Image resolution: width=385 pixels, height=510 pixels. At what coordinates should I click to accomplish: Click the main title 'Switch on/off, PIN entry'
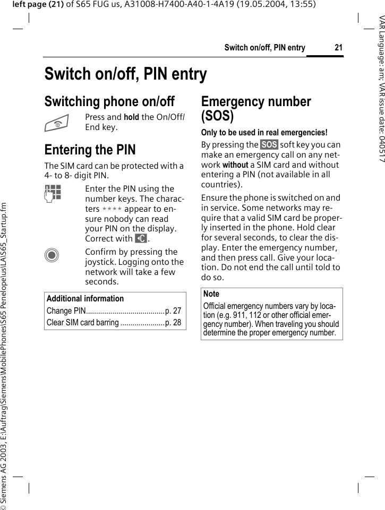click(x=126, y=74)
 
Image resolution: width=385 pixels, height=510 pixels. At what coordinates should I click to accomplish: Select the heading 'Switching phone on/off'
click(x=109, y=101)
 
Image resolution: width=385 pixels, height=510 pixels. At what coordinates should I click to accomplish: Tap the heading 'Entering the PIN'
click(x=90, y=150)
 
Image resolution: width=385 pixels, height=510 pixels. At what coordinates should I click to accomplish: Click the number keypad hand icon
click(x=54, y=193)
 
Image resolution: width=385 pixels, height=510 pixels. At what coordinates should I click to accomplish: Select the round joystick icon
click(x=53, y=255)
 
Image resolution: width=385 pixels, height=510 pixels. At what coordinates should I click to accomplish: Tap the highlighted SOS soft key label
click(x=269, y=144)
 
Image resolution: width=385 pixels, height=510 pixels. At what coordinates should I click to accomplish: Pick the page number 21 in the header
click(x=338, y=48)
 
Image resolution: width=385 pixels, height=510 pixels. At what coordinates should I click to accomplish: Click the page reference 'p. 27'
click(x=173, y=311)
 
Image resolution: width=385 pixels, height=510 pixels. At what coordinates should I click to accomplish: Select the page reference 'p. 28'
click(x=173, y=323)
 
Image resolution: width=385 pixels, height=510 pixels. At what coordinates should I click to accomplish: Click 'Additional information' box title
click(x=85, y=299)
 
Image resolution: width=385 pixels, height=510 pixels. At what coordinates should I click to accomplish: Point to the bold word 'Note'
click(x=211, y=294)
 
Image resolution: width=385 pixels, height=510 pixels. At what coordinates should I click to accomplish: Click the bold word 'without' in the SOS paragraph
click(x=235, y=165)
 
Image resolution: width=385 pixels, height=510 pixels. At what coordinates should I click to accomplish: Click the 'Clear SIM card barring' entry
click(x=83, y=323)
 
